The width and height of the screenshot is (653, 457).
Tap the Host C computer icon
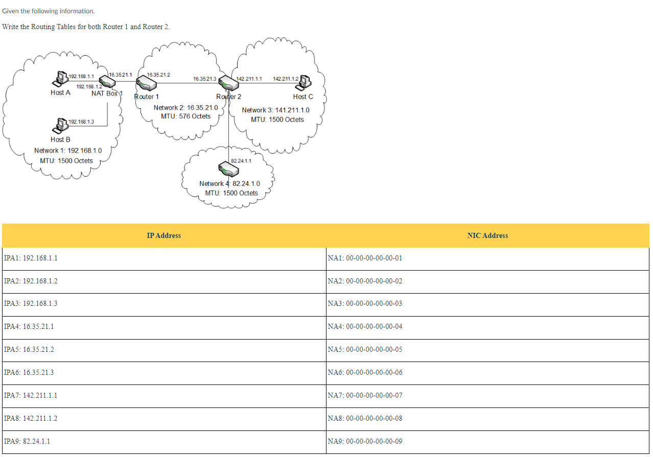(305, 81)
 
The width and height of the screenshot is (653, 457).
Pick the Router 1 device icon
(146, 83)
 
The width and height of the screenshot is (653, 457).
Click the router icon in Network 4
(225, 167)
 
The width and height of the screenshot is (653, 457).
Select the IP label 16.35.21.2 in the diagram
(158, 75)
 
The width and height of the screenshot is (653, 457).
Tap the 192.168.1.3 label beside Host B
(81, 122)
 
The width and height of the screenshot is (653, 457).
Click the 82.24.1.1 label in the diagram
(241, 161)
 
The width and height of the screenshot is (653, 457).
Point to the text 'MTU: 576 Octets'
(185, 116)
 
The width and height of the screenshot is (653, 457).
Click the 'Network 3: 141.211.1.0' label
(275, 110)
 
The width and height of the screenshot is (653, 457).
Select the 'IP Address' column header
(164, 235)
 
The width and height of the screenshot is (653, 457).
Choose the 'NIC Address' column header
(487, 235)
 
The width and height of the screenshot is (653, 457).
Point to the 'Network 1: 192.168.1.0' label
(68, 151)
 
